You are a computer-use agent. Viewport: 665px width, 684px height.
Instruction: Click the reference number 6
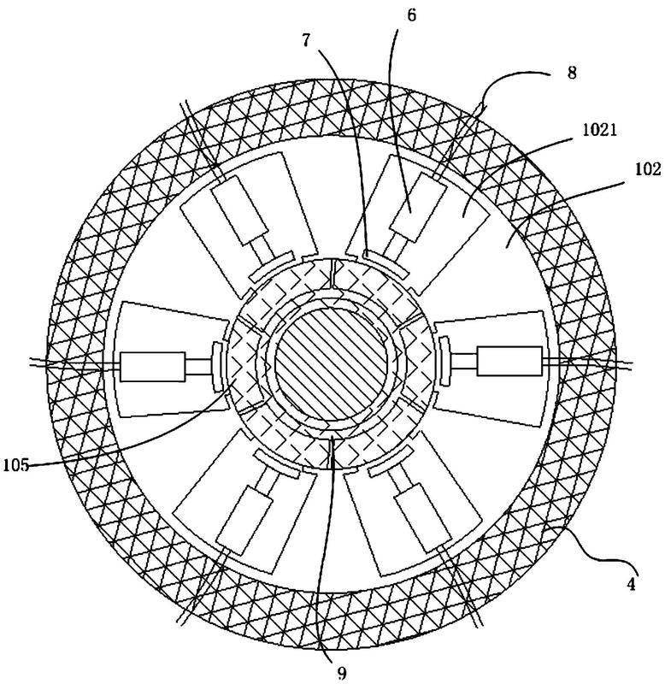[x=412, y=15]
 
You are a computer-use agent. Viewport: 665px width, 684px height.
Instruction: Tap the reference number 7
[x=306, y=40]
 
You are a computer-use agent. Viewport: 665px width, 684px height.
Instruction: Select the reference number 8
[x=572, y=73]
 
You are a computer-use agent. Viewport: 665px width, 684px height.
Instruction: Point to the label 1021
[x=599, y=130]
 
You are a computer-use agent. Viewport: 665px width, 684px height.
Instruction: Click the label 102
[x=648, y=169]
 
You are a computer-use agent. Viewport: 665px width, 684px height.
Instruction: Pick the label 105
[x=15, y=465]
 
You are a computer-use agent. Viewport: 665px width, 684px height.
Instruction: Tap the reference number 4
[x=631, y=584]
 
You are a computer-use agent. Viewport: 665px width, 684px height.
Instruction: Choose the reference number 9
[x=342, y=673]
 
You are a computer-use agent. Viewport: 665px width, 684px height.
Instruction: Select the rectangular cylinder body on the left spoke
[x=153, y=367]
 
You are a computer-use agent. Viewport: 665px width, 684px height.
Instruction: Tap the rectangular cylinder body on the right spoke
[x=509, y=361]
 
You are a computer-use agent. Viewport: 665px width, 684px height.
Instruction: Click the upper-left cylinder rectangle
[x=239, y=210]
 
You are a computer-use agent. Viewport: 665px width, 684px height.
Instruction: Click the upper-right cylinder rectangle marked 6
[x=419, y=207]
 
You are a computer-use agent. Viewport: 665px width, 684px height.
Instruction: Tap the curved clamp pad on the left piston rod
[x=218, y=367]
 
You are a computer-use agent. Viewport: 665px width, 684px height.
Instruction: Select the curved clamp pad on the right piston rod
[x=444, y=361]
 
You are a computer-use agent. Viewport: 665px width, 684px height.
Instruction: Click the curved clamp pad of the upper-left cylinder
[x=272, y=266]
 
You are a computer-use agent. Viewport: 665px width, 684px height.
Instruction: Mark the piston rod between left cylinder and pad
[x=198, y=367]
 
